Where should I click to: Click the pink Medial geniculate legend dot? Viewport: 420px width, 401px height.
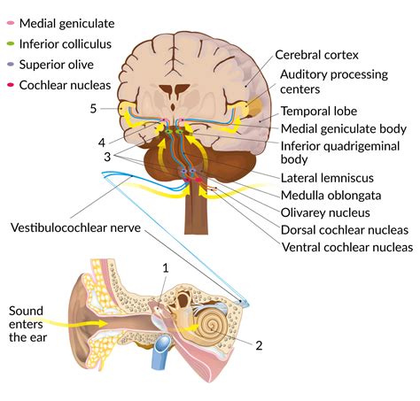pos(10,19)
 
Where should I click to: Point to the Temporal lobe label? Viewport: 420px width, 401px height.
pos(318,112)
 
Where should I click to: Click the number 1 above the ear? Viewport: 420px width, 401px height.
pos(164,266)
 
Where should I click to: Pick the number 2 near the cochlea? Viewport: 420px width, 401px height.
pos(259,344)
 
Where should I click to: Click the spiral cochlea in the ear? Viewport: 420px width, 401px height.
pos(214,324)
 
